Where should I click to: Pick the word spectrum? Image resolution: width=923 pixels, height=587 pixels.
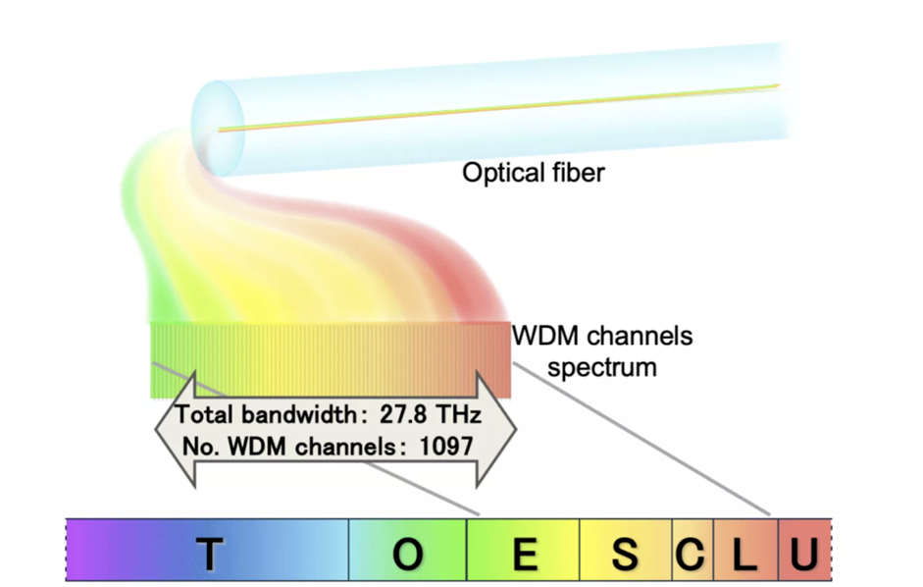tap(602, 368)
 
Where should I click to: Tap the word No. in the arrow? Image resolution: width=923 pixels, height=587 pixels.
tap(199, 445)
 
